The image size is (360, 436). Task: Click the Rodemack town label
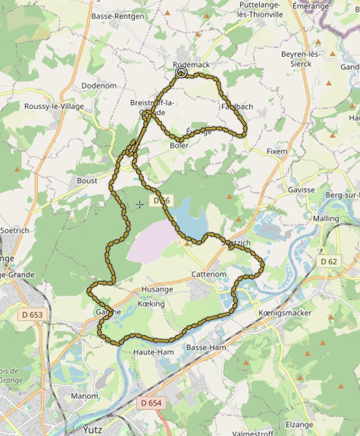(x=191, y=64)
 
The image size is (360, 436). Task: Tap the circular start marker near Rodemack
(x=181, y=72)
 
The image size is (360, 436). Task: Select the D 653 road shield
(x=33, y=314)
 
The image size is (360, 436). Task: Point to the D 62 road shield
(x=329, y=261)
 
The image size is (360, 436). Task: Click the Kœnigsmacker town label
(x=285, y=313)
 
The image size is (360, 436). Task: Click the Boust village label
(x=87, y=181)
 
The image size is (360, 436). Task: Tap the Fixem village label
(x=277, y=151)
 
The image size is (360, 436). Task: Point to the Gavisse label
(x=301, y=190)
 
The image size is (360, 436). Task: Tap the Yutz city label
(x=92, y=430)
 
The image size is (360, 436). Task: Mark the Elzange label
(x=299, y=425)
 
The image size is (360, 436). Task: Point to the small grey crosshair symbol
(x=139, y=206)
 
